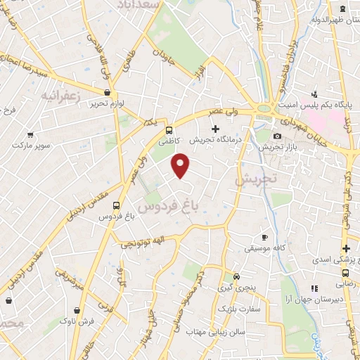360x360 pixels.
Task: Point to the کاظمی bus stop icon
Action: (169, 130)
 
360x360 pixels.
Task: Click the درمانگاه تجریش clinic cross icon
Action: (215, 129)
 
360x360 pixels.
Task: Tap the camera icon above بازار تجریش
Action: (277, 136)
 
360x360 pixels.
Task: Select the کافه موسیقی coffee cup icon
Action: (264, 237)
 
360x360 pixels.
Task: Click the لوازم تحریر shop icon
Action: (106, 92)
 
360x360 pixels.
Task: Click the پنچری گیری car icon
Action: (236, 276)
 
